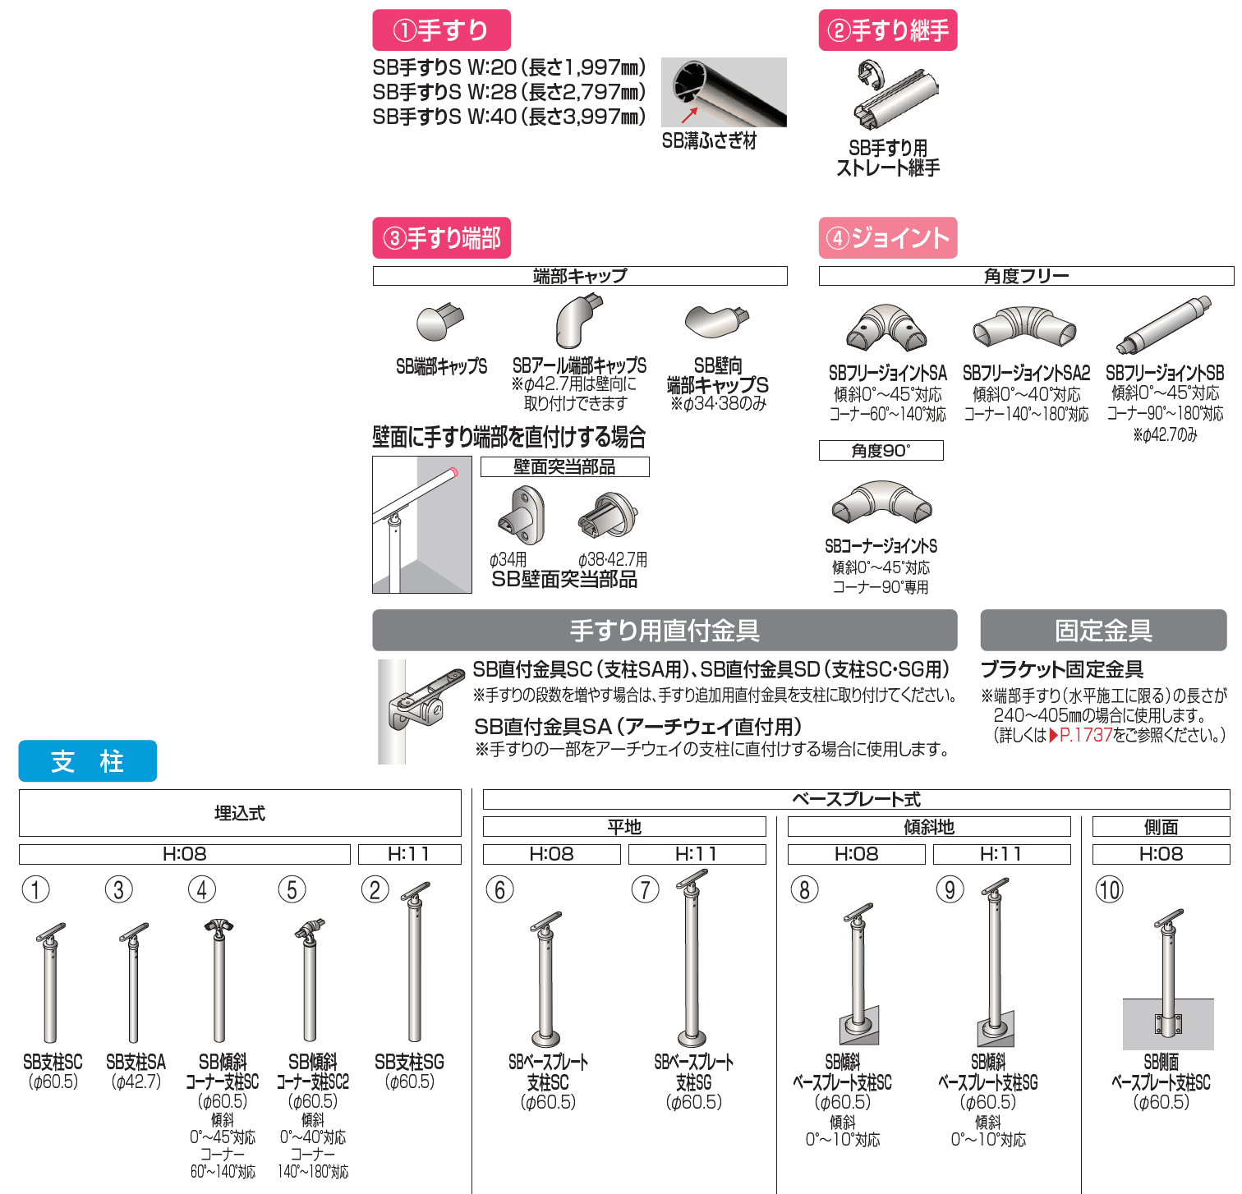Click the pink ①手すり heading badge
pyautogui.click(x=441, y=30)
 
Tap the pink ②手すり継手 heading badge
pyautogui.click(x=887, y=30)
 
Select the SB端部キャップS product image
pyautogui.click(x=439, y=322)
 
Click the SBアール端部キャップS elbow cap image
pyautogui.click(x=578, y=321)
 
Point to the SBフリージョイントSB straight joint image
pyautogui.click(x=1164, y=326)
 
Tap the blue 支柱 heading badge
pyautogui.click(x=87, y=761)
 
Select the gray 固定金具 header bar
pyautogui.click(x=1102, y=631)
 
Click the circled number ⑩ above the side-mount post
pyautogui.click(x=1109, y=890)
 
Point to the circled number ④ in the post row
pyautogui.click(x=201, y=889)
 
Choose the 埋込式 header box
pyautogui.click(x=239, y=813)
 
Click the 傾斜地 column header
pyautogui.click(x=928, y=827)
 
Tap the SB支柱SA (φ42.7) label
pyautogui.click(x=136, y=1072)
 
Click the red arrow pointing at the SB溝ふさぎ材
pyautogui.click(x=689, y=115)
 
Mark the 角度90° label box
pyautogui.click(x=881, y=451)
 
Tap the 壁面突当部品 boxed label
pyautogui.click(x=564, y=467)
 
